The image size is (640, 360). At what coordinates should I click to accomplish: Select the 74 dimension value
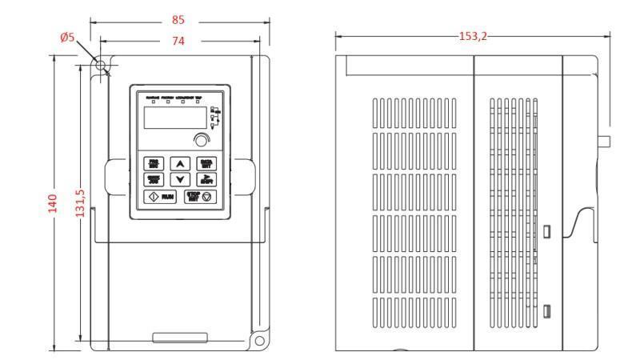coord(178,42)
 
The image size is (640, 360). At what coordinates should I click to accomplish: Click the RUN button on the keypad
coord(159,196)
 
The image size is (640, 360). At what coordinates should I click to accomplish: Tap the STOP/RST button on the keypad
coord(198,196)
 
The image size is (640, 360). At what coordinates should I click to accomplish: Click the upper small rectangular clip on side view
coord(546,231)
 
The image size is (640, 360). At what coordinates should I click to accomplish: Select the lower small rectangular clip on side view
coord(546,310)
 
